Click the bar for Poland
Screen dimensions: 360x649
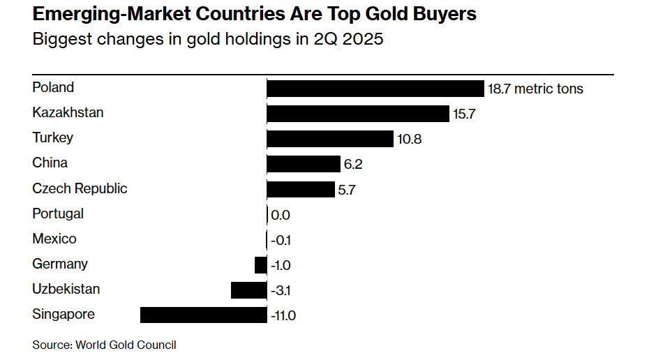click(x=375, y=89)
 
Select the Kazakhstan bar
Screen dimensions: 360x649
click(x=357, y=114)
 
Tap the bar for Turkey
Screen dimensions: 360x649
click(x=330, y=139)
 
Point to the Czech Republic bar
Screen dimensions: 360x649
click(x=301, y=189)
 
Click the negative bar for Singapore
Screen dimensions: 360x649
click(x=203, y=315)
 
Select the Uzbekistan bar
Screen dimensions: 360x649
click(x=248, y=290)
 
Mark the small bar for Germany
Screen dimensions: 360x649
click(x=260, y=264)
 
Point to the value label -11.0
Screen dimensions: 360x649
click(x=283, y=316)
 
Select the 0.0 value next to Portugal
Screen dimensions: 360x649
click(x=280, y=216)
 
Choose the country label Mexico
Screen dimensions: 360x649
click(x=54, y=239)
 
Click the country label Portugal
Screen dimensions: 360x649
click(x=58, y=213)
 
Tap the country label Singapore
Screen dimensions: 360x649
click(x=64, y=314)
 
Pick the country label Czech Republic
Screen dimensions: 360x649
click(x=80, y=188)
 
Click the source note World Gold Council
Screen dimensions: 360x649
click(x=126, y=345)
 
